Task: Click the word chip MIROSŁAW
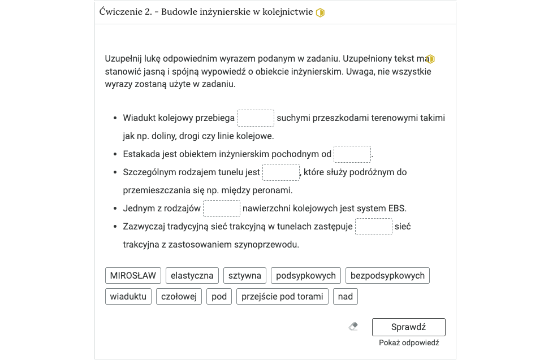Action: coord(133,276)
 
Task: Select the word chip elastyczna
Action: coord(192,276)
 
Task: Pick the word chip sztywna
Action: coord(245,276)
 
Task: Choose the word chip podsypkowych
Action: coord(306,276)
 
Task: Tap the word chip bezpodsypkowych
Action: coord(387,276)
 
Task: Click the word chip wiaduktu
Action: coord(128,296)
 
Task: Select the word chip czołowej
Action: coord(179,296)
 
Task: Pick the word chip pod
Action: coord(219,296)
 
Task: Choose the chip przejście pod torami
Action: coord(283,296)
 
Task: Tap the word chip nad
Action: coord(346,296)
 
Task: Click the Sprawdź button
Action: coord(408,327)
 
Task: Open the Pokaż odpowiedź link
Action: coord(409,343)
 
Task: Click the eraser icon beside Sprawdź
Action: coord(353,327)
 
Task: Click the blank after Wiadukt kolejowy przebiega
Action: coord(256,118)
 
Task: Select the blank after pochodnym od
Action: coord(352,154)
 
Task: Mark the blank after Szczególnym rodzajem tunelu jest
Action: coord(281,172)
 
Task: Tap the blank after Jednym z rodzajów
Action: coord(222,209)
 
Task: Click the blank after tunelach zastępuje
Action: coord(374,227)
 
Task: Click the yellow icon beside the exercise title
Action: coord(320,12)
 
